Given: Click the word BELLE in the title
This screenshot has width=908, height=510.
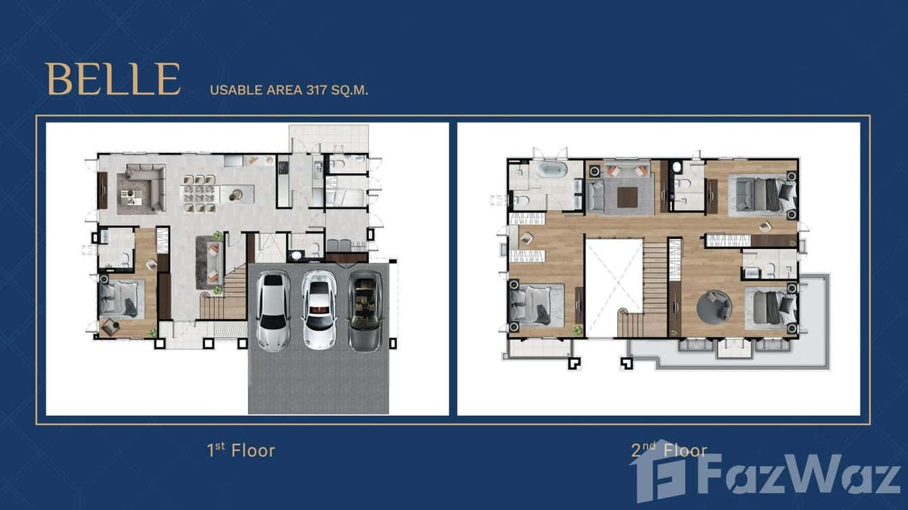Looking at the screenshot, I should [114, 79].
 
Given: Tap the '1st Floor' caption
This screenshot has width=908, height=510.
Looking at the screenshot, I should [241, 450].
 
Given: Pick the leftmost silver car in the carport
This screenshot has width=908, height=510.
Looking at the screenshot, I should [274, 310].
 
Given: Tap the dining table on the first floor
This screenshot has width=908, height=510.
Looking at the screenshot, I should [200, 194].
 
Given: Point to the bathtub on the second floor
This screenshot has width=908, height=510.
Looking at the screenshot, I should [554, 170].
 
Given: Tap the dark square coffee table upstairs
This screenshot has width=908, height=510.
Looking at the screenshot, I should [627, 196].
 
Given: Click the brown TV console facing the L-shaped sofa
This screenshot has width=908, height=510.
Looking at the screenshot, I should [102, 190].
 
